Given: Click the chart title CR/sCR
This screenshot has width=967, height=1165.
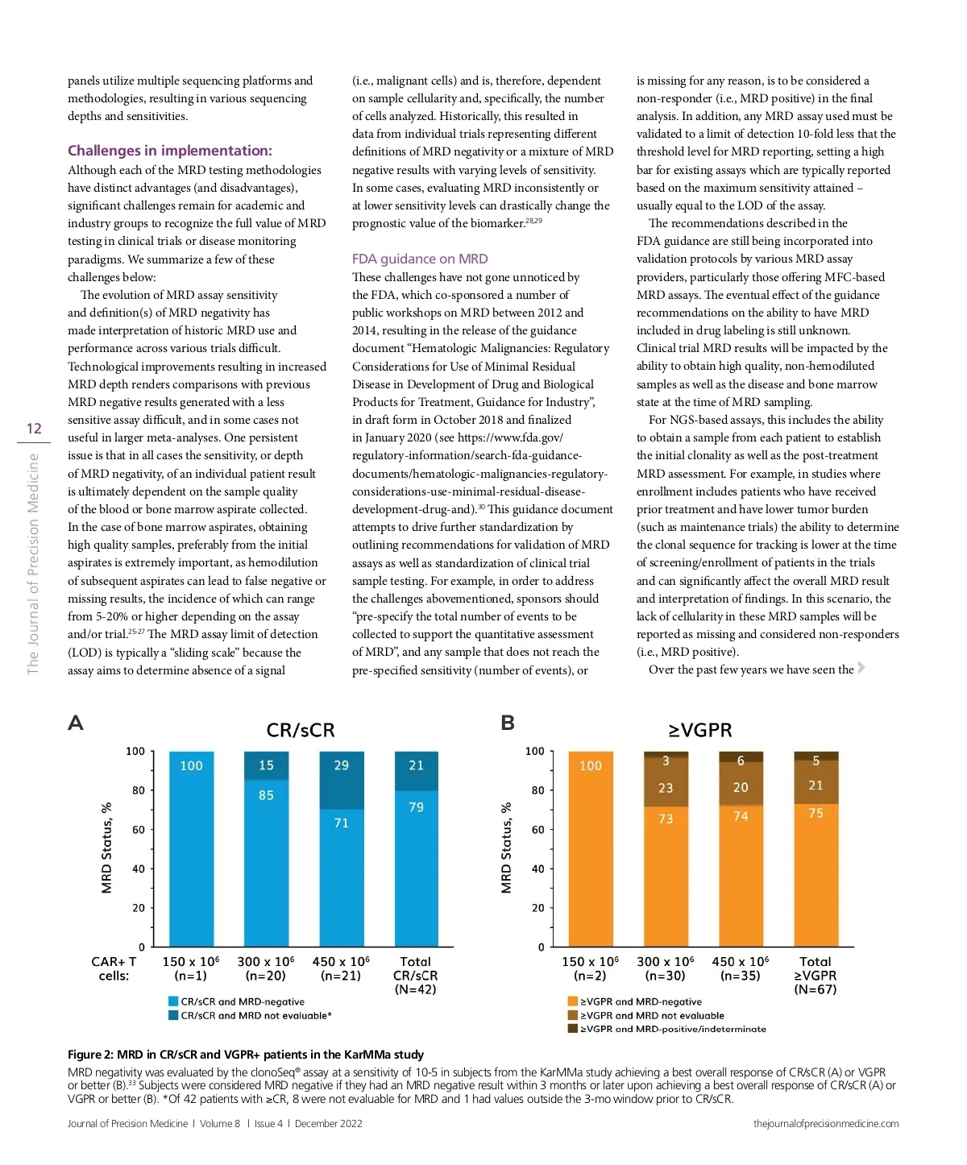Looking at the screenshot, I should point(300,730).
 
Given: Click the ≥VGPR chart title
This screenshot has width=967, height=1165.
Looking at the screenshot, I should point(700,730).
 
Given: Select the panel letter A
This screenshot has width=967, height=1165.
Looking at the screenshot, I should point(76,723).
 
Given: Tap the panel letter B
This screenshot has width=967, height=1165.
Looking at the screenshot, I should point(508,723).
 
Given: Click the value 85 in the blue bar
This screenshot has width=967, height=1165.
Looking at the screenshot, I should point(266,795).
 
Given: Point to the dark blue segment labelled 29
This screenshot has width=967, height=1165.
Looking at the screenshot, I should point(341,765).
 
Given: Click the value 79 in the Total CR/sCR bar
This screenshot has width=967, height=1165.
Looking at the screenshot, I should point(416,806).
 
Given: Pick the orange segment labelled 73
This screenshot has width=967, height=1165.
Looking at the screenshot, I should point(666,819).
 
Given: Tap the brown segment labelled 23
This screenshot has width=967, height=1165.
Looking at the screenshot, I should point(666,788).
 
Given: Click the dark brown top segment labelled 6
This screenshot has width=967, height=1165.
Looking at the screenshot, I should point(741,761).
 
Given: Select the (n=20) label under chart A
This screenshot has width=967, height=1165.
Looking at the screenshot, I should point(266,976).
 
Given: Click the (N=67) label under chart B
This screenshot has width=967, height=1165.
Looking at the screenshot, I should point(816,989).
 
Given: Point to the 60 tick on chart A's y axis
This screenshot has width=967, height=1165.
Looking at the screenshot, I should point(139,829).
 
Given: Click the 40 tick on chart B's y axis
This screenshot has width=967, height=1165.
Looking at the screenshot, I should point(537,869).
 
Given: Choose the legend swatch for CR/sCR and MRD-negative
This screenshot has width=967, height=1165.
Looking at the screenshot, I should point(173,1001).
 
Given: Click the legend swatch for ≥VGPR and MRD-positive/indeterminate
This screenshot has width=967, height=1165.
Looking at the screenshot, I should point(572,1029).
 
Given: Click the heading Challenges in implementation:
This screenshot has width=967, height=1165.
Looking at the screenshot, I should point(170,151).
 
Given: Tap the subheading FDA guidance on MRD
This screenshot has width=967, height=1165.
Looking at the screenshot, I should point(420,259).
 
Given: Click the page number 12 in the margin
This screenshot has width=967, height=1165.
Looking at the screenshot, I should point(34,429).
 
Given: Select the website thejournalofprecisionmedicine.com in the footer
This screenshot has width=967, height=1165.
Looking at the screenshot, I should point(826,1123).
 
